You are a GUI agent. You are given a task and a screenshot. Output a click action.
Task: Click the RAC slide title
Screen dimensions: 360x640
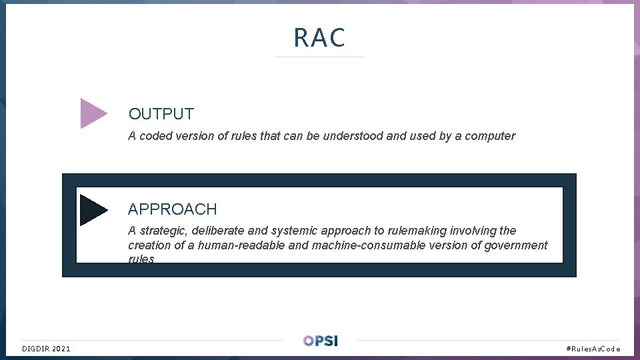coord(319,38)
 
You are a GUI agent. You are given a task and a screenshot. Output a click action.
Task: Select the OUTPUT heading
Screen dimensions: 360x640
coord(161,115)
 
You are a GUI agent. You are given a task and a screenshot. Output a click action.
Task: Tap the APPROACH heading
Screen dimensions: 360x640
coord(172,209)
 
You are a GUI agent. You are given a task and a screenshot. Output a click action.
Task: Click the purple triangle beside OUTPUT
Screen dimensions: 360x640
coord(93,113)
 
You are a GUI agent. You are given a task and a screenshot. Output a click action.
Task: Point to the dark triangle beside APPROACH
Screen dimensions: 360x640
coord(93,209)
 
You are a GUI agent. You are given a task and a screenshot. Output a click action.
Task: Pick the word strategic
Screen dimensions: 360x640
coord(163,231)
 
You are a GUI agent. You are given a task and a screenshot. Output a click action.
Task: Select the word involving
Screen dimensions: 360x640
coord(473,231)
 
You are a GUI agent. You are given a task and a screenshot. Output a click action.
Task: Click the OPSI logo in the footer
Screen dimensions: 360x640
coord(320,341)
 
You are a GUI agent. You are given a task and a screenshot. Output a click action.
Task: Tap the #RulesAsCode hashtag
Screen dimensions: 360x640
coord(593,349)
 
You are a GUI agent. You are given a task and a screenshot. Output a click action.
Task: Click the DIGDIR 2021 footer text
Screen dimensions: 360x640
coord(46,349)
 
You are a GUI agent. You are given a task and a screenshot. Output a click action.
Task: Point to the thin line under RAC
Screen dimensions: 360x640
coord(319,57)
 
